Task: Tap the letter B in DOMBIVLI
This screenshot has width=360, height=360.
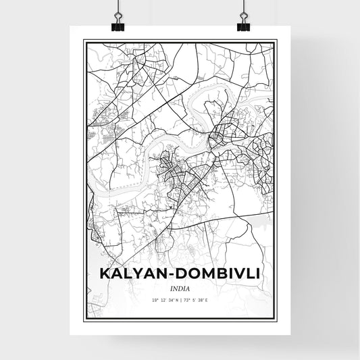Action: point(220,275)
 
